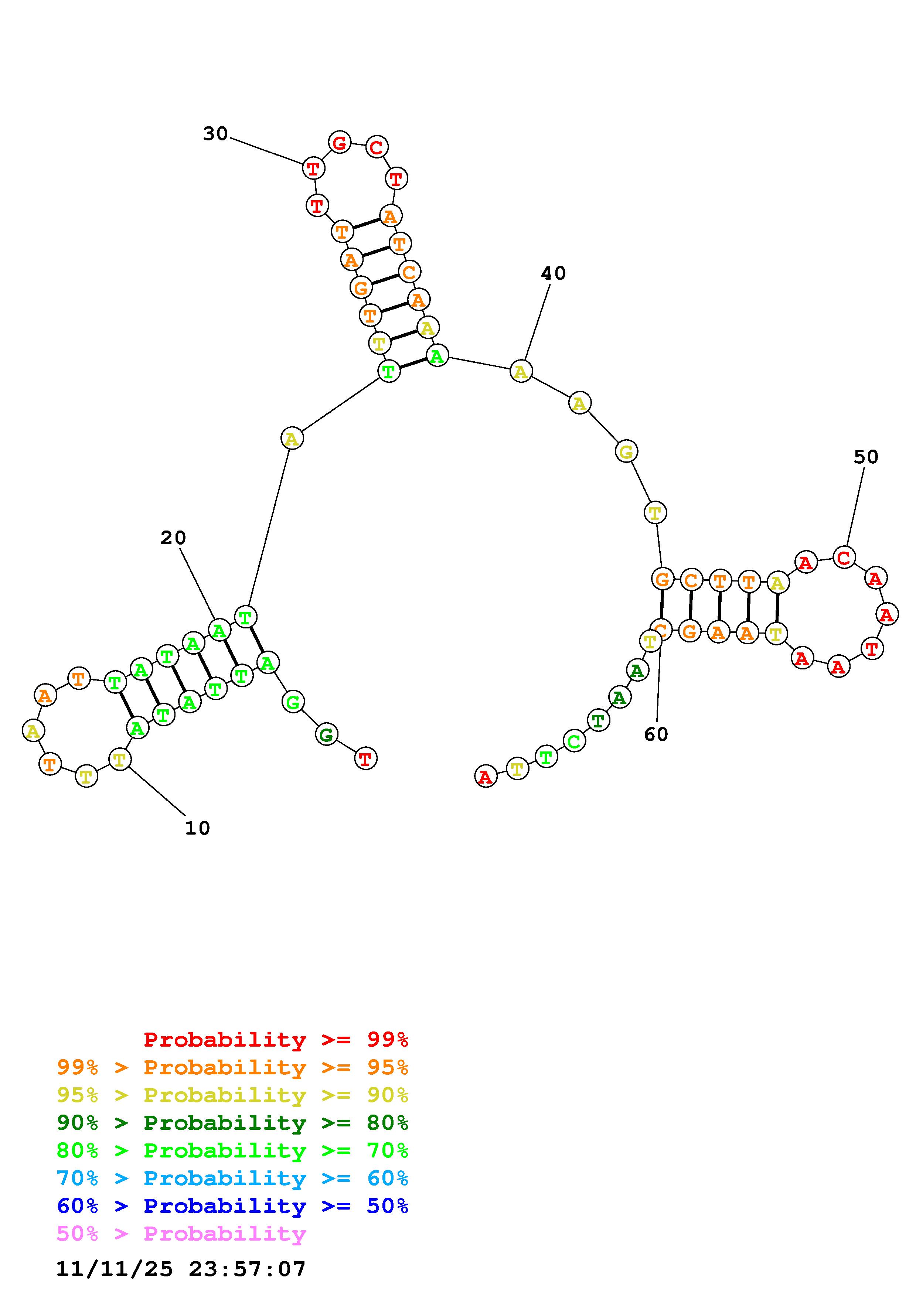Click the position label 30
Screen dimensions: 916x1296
215,134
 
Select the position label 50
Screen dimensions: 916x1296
866,457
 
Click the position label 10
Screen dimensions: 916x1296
198,828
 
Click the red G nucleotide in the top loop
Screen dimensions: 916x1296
339,143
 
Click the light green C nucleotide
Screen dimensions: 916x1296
573,741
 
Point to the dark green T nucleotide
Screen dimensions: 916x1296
598,721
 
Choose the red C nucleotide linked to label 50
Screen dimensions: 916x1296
844,558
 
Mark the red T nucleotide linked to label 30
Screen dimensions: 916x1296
313,168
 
